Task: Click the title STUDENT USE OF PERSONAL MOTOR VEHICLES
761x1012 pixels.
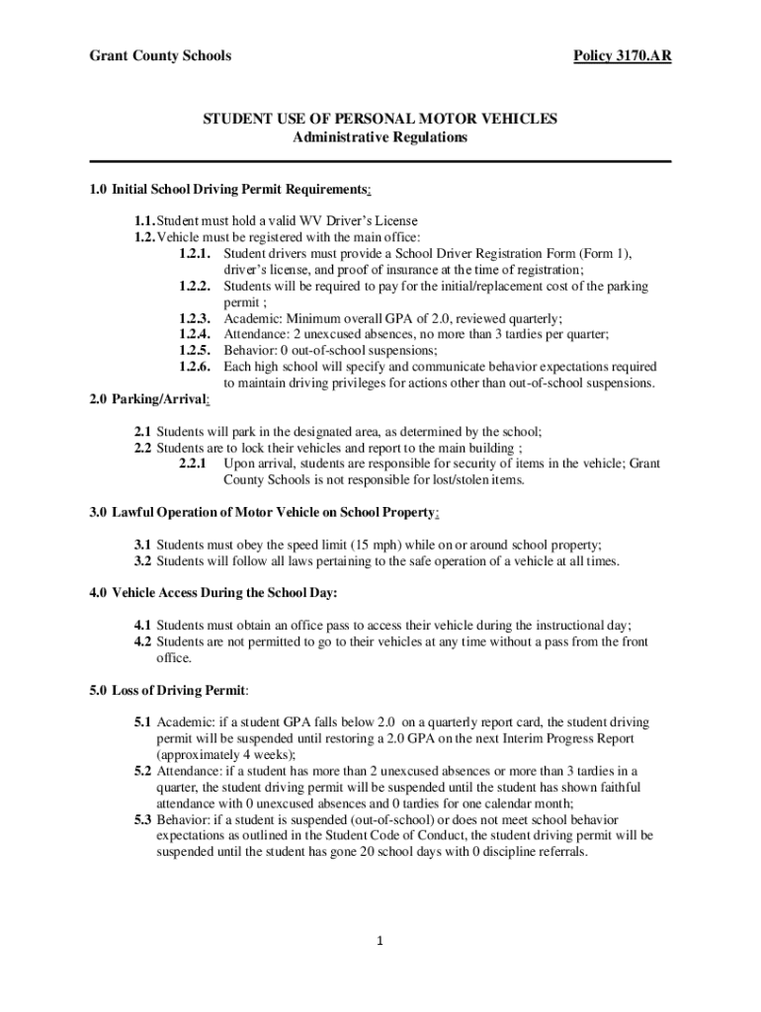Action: [380, 120]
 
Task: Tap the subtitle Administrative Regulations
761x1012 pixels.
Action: [380, 137]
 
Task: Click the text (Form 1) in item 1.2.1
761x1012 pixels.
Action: [604, 254]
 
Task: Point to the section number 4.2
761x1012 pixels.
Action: [143, 641]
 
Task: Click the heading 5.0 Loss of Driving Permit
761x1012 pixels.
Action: [168, 690]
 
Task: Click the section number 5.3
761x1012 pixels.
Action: [143, 819]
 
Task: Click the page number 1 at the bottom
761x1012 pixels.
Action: [380, 940]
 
